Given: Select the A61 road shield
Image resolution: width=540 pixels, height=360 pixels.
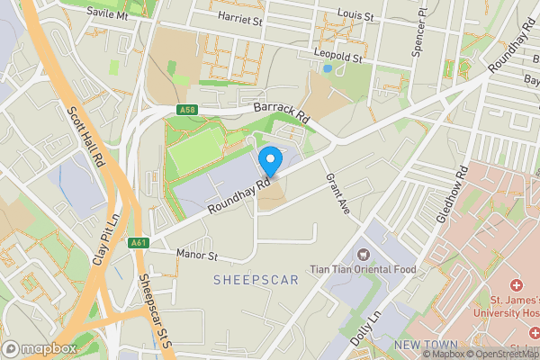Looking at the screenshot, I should click(x=138, y=242).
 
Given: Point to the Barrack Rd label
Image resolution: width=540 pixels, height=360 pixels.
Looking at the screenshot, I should click(x=281, y=112).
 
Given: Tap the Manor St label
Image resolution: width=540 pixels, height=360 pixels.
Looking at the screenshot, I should click(x=198, y=256).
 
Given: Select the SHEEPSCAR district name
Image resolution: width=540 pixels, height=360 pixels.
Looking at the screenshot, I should click(x=256, y=281).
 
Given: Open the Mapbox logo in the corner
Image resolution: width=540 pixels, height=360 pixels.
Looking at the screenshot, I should click(x=40, y=348).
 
